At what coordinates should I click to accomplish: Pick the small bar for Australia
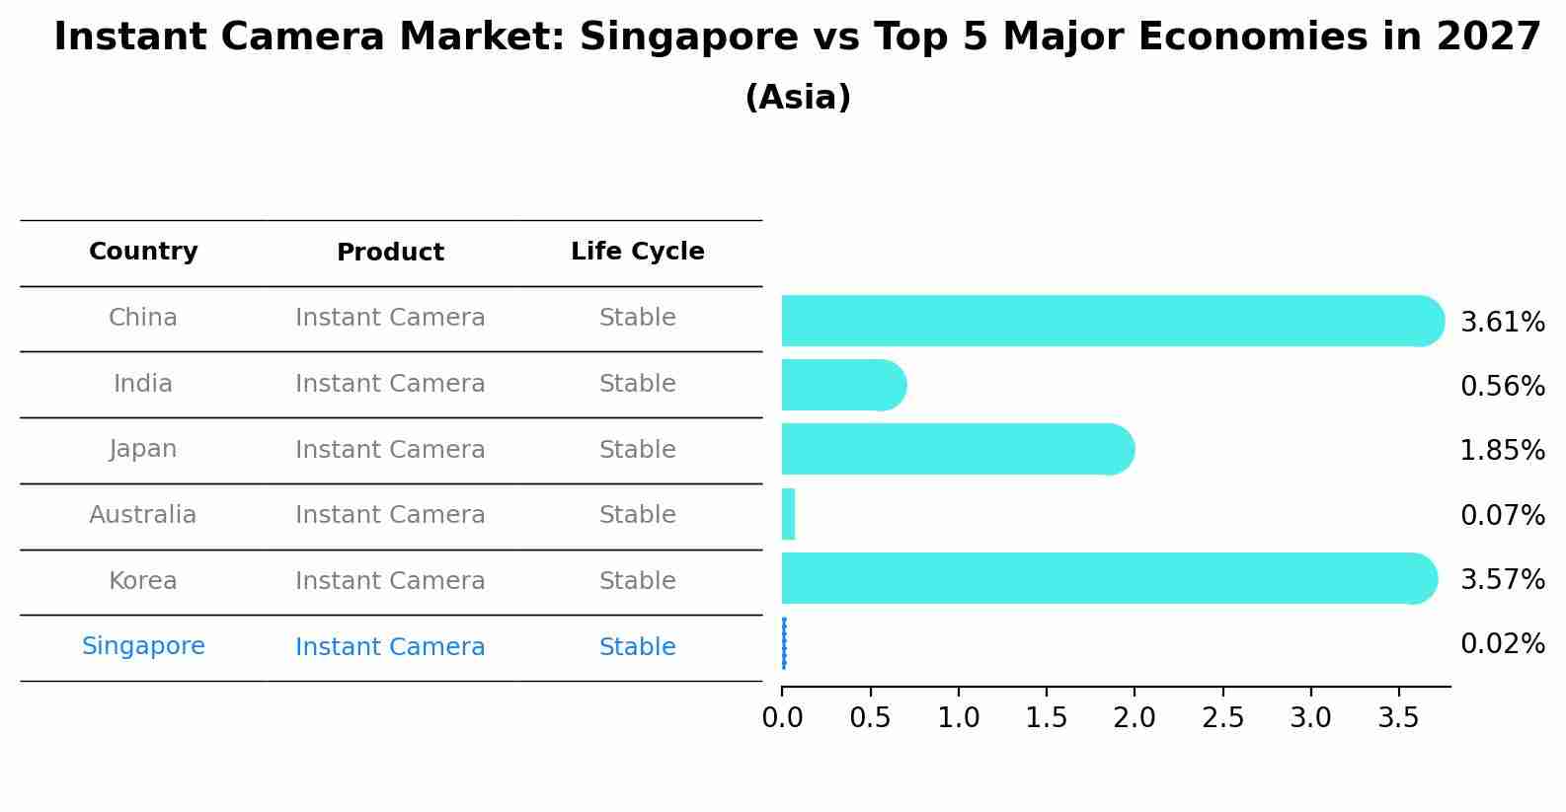[x=788, y=514]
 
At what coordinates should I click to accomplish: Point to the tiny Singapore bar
[x=784, y=643]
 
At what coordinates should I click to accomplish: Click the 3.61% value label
[x=1502, y=323]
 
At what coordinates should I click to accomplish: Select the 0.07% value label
[x=1502, y=515]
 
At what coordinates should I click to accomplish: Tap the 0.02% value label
[x=1502, y=644]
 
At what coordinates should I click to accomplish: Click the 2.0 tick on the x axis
[x=1135, y=717]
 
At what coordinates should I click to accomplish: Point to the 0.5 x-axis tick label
[x=870, y=717]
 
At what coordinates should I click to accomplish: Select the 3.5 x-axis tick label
[x=1398, y=717]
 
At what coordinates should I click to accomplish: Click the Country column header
[x=143, y=252]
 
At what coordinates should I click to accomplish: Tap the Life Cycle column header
[x=637, y=252]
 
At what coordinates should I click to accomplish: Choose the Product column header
[x=390, y=253]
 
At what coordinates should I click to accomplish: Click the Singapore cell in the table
[x=143, y=646]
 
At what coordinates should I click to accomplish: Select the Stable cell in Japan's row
[x=637, y=450]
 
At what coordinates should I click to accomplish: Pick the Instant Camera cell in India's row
[x=390, y=384]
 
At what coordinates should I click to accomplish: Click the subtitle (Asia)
[x=798, y=98]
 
